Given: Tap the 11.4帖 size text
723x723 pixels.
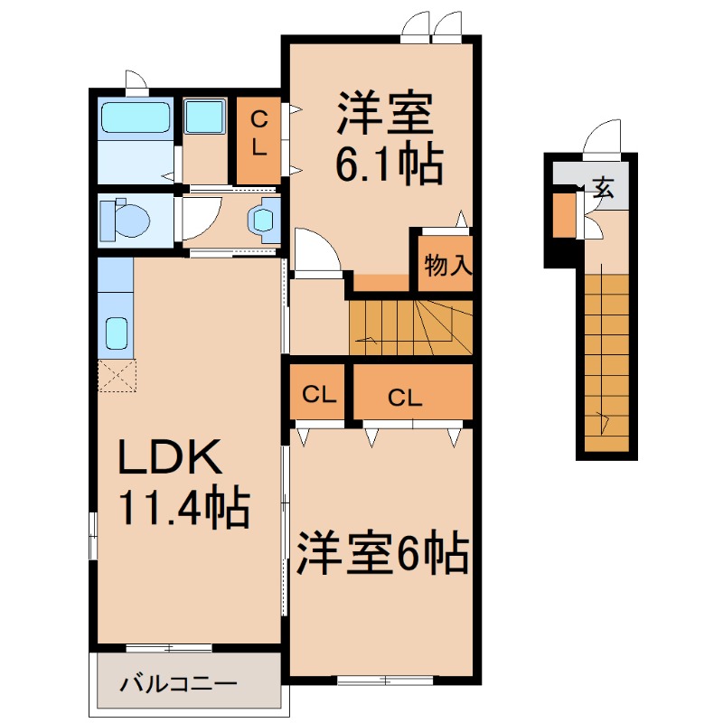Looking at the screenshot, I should (185, 510).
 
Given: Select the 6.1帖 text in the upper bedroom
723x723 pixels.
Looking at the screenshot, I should (389, 165).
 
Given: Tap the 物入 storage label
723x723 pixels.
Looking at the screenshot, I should (445, 265).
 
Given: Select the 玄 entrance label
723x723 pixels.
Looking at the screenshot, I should (604, 189).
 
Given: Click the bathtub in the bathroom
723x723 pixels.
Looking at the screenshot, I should (136, 117).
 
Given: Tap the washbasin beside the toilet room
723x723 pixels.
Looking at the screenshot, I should (264, 220).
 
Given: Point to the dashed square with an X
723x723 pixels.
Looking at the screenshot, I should (117, 375).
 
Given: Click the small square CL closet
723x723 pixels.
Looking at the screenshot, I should (319, 394).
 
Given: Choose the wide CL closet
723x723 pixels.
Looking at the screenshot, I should (412, 394).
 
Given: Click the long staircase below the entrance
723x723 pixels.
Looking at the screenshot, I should (606, 361).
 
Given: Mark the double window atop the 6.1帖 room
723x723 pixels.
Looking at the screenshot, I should (431, 26).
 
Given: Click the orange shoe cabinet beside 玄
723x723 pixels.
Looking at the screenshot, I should (564, 215).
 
